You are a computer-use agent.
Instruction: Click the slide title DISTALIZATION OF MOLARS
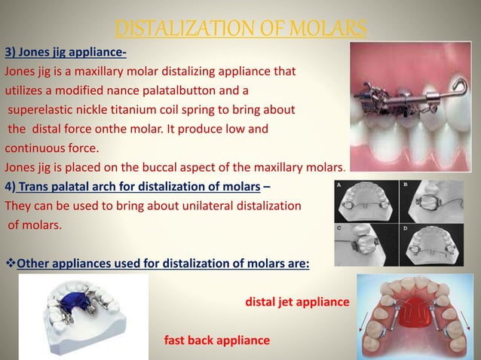pyautogui.click(x=240, y=29)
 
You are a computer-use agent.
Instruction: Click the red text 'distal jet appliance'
pyautogui.click(x=297, y=302)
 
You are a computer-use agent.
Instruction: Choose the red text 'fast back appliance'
pyautogui.click(x=216, y=340)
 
